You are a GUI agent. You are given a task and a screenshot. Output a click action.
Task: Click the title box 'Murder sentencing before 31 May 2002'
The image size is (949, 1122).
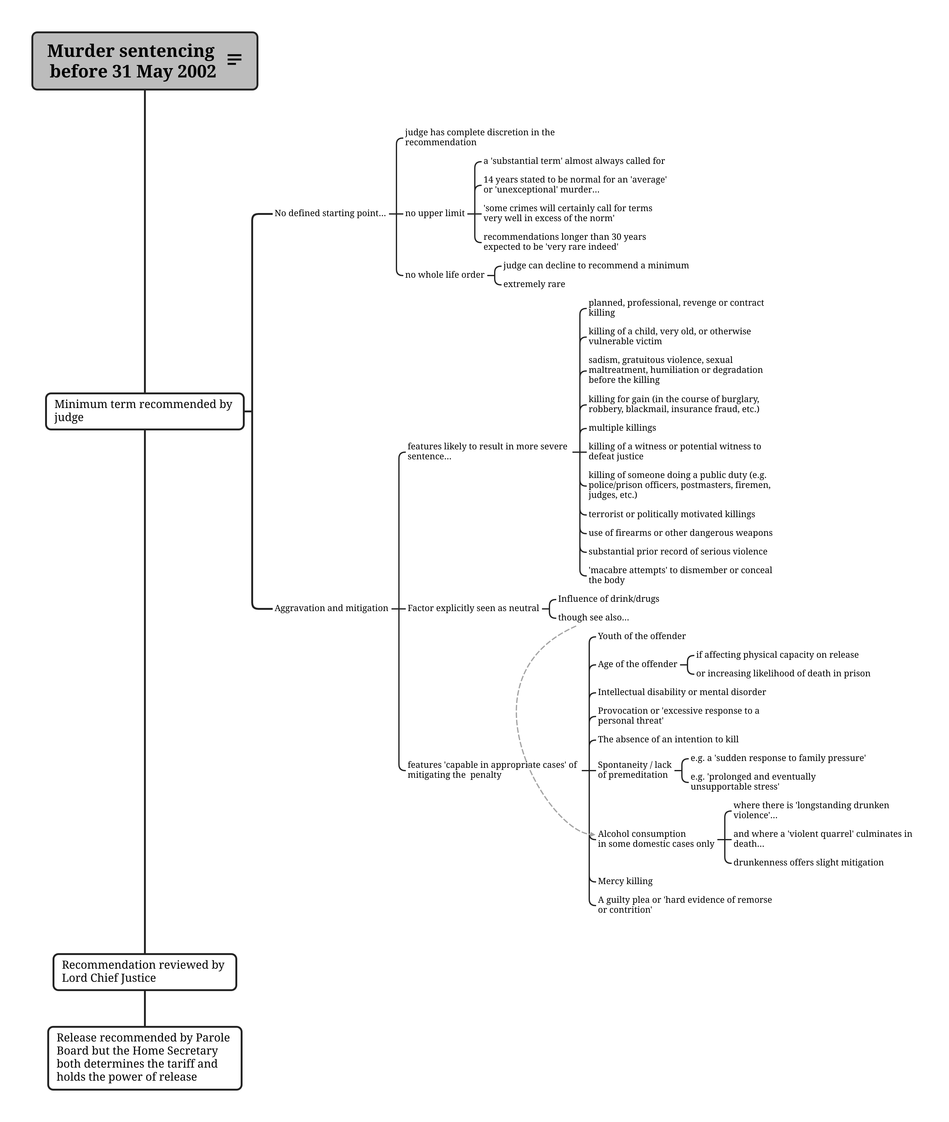point(145,61)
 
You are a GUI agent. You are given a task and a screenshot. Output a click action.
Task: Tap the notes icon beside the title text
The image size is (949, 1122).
point(234,60)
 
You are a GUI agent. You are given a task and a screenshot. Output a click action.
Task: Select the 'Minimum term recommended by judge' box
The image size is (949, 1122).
point(145,411)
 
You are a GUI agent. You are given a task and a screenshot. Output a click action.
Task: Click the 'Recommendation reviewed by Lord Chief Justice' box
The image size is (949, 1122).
point(145,972)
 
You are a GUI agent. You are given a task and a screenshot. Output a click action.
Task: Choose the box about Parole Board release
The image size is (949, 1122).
point(145,1058)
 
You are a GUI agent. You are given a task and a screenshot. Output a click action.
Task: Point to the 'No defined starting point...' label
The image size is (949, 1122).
point(330,213)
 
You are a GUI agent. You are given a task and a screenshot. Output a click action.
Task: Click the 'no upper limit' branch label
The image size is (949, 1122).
point(435,213)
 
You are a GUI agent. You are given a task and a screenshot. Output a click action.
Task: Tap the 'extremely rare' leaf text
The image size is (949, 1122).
point(534,284)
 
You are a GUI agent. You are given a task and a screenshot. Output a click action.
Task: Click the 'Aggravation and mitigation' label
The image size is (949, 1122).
point(331,608)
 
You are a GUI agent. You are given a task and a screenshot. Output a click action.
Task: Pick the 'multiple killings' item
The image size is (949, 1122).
point(622,428)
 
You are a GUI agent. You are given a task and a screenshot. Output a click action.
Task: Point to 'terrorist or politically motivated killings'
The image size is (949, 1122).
point(671,514)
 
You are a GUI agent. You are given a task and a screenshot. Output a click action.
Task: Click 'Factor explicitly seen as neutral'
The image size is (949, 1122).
point(474,608)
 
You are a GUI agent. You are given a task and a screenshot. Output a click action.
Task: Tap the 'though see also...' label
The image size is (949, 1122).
point(593,617)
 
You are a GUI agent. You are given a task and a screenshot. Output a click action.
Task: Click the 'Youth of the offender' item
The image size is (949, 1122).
point(642,636)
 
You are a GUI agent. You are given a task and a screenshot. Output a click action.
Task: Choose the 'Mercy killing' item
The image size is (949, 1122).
point(625,881)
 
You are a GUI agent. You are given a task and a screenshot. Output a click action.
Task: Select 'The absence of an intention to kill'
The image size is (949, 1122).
point(668,739)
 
